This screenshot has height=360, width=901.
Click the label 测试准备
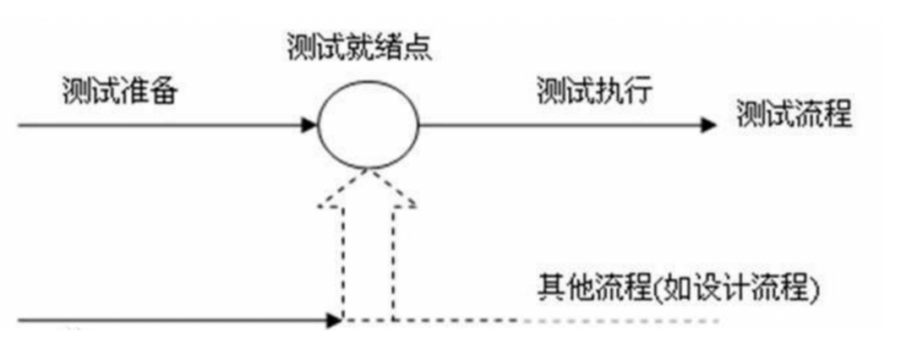(x=119, y=91)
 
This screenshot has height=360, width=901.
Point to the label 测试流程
(x=793, y=115)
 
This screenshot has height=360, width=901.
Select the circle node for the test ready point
(x=368, y=126)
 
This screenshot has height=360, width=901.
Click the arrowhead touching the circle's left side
(x=309, y=126)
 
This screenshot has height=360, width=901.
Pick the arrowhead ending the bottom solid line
(x=335, y=320)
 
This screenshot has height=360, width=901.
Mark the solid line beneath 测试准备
(x=161, y=126)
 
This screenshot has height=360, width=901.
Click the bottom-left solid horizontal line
(x=169, y=320)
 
